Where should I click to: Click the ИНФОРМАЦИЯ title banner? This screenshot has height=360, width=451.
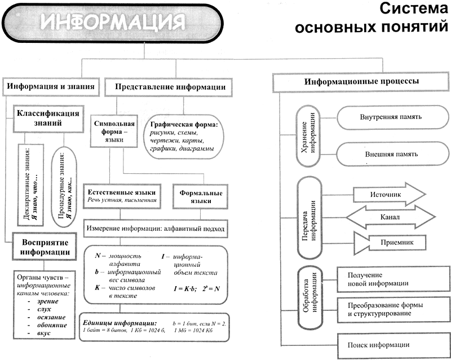(x=112, y=23)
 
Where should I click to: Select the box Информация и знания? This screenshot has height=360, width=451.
(x=51, y=87)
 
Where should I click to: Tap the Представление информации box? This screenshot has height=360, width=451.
(x=169, y=87)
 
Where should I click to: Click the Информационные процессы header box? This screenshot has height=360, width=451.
(x=361, y=82)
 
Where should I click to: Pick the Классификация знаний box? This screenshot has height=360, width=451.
(x=48, y=118)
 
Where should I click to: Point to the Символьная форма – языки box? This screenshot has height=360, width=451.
(x=114, y=131)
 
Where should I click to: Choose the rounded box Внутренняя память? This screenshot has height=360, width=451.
(x=392, y=117)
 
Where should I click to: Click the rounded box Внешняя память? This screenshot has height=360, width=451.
(x=392, y=154)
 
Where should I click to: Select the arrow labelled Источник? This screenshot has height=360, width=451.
(x=390, y=195)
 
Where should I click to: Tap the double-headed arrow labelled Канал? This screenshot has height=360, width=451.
(x=391, y=217)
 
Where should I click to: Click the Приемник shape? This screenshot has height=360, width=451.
(x=390, y=243)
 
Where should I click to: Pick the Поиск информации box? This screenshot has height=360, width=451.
(x=393, y=345)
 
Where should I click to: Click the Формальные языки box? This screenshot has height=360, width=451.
(x=201, y=197)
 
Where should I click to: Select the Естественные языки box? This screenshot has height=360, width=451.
(x=122, y=196)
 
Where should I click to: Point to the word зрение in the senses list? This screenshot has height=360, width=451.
(x=48, y=301)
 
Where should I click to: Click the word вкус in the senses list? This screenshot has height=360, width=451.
(x=44, y=333)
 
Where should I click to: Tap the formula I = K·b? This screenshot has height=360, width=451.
(x=185, y=289)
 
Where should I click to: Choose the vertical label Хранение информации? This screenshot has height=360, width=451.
(x=308, y=136)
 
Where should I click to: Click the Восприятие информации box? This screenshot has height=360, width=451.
(x=45, y=247)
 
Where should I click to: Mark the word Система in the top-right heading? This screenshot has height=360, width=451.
(x=414, y=8)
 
